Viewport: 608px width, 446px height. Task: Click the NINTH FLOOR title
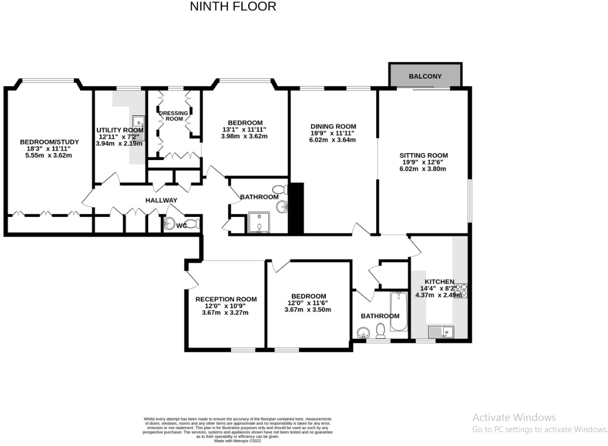click(233, 7)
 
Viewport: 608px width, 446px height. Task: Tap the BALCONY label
click(425, 77)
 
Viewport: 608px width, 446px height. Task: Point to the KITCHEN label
click(439, 282)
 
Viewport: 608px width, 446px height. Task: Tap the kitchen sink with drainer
click(440, 332)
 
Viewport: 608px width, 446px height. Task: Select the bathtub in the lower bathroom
click(398, 311)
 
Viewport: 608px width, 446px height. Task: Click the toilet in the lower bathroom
click(381, 332)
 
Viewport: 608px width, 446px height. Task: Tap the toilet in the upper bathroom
click(280, 189)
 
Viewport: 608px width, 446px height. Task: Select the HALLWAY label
click(162, 200)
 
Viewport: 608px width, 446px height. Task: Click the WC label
click(181, 225)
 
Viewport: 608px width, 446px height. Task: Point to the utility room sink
click(138, 122)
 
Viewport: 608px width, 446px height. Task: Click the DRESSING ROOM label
click(174, 116)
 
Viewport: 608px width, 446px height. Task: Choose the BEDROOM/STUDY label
click(49, 142)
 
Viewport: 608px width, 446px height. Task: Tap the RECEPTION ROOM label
click(226, 299)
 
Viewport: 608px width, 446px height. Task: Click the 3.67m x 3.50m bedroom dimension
click(308, 309)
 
